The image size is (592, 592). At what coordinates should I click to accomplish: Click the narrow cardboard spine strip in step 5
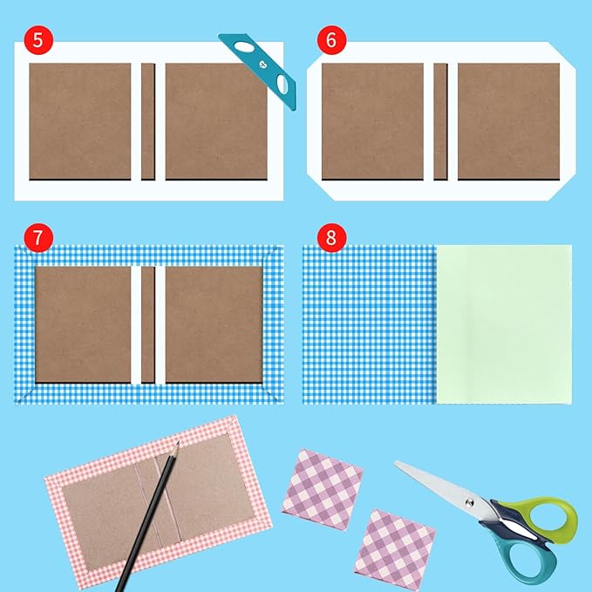coord(148,121)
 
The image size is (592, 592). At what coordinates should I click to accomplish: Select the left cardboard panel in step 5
coord(80,121)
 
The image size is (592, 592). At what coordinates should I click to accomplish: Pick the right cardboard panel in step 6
coord(508,121)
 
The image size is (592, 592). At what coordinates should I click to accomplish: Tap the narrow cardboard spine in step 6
coord(440,121)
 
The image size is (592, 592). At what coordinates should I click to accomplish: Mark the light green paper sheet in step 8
coord(503,323)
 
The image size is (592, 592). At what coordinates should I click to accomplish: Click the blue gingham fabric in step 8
coord(368,323)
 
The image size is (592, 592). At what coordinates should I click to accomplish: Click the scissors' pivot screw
coord(475,502)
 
